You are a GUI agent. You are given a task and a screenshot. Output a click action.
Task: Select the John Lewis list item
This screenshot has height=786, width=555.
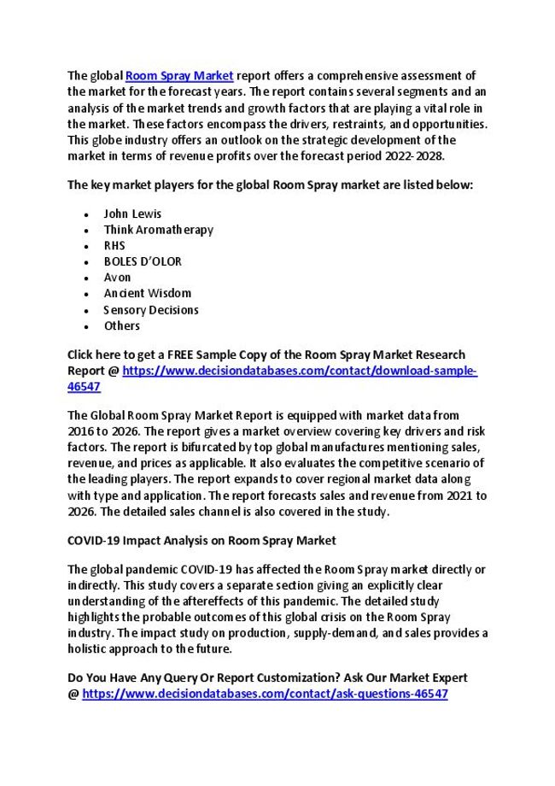(132, 214)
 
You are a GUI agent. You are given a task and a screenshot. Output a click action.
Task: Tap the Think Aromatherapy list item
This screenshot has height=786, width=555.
(159, 230)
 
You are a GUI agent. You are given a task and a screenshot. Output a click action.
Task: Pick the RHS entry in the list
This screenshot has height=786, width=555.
(114, 245)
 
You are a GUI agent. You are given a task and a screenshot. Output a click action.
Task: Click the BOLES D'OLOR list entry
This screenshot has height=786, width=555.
(143, 261)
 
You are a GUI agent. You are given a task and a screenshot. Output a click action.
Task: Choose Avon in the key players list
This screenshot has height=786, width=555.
(116, 278)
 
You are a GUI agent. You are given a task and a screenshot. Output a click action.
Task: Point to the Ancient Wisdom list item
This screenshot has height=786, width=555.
(147, 293)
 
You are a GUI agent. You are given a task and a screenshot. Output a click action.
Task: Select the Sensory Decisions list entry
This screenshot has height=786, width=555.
(151, 309)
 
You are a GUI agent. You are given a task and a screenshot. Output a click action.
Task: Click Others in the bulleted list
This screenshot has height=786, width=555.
(121, 326)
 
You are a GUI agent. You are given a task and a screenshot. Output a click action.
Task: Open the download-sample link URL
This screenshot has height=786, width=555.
(300, 371)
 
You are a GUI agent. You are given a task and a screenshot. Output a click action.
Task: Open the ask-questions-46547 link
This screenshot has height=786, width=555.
(266, 694)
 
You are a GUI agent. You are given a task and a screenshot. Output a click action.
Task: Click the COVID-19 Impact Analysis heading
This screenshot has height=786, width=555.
(202, 540)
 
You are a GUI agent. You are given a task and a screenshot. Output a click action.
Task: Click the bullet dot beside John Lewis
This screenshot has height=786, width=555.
(89, 214)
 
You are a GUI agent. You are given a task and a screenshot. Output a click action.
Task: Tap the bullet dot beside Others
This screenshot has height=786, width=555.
(89, 326)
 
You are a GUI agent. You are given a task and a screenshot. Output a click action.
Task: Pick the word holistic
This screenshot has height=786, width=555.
(89, 648)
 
